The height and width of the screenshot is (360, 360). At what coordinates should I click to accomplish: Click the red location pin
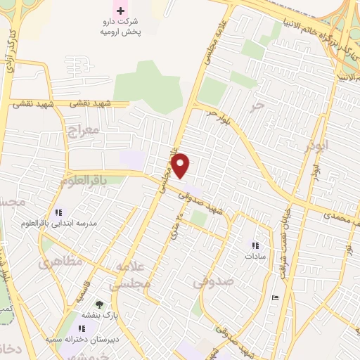[181, 165]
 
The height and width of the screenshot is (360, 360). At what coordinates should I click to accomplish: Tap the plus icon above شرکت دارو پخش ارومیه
[120, 11]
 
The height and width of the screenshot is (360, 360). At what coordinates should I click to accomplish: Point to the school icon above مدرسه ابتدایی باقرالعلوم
[58, 212]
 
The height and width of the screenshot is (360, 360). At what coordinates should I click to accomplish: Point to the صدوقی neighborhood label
[210, 283]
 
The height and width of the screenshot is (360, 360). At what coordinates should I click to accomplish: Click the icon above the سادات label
[255, 245]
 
